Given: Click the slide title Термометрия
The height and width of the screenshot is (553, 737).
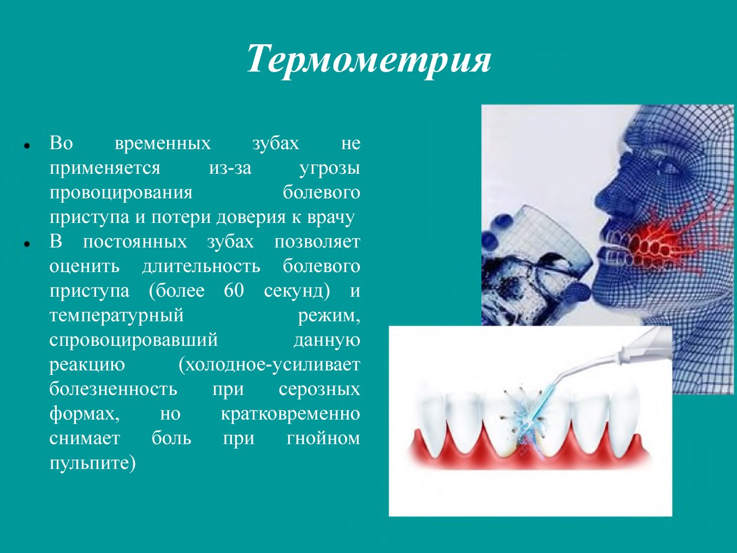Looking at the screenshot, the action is (x=368, y=60).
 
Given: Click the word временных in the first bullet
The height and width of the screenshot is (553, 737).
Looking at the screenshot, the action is (x=163, y=144).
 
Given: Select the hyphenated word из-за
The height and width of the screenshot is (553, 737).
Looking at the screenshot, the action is (x=230, y=168).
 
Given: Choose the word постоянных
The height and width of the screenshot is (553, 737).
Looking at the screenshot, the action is (x=135, y=242).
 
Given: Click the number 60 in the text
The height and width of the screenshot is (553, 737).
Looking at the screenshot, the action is (x=234, y=290).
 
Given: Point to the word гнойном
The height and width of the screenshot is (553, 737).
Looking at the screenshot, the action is (x=323, y=439).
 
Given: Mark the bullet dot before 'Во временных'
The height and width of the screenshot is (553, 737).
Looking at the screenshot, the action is (x=27, y=146).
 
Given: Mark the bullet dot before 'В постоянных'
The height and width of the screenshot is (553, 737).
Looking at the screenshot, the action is (x=27, y=245).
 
